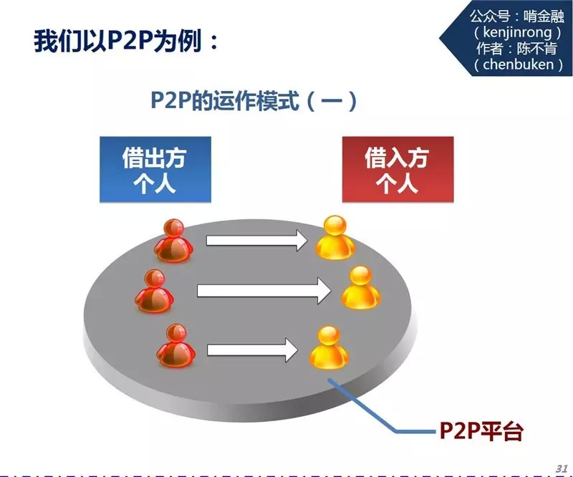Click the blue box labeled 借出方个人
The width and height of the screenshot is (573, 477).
[x=156, y=169]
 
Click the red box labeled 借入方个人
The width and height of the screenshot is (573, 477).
[x=398, y=169]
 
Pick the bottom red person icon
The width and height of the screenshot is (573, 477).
[x=175, y=346]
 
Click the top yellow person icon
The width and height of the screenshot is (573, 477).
[x=336, y=237]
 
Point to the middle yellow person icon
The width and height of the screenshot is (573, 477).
[x=360, y=287]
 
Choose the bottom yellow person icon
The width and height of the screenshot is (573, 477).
[x=328, y=347]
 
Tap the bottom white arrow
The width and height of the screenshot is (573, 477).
[x=252, y=350]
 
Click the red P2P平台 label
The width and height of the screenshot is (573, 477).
[x=481, y=431]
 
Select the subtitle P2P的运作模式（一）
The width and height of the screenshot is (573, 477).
[x=253, y=101]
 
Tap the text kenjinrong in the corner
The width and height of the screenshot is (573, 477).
[x=516, y=33]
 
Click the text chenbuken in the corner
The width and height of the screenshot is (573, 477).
[x=517, y=64]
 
